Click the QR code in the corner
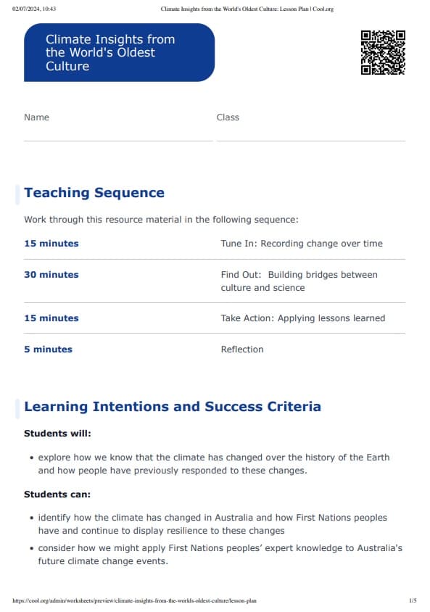point(383,52)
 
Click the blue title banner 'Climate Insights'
point(119,52)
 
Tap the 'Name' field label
point(36,117)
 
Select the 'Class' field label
point(228,117)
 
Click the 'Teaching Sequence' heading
point(94,193)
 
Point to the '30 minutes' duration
point(51,275)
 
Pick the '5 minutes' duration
point(49,350)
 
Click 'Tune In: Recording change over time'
point(302,244)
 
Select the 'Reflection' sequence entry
point(242,350)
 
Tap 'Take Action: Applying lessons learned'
point(303,318)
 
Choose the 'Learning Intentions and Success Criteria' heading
point(173,407)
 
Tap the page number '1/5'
point(413,600)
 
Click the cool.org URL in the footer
point(134,600)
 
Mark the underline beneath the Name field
point(117,141)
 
